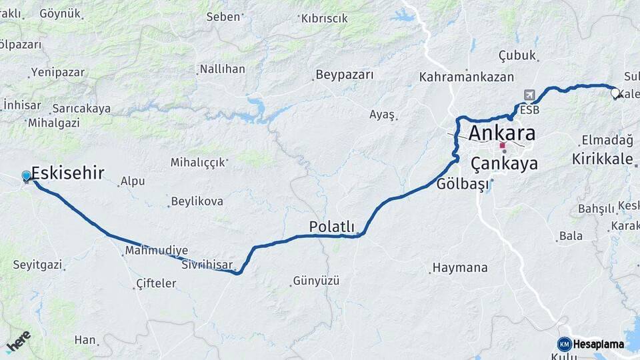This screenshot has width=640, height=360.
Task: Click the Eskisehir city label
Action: [x=67, y=173]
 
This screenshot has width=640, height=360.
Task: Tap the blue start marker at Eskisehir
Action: [x=26, y=176]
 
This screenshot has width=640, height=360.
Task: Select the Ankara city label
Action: [x=502, y=133]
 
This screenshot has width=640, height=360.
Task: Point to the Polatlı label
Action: [x=331, y=227]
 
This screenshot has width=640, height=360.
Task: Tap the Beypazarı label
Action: [x=345, y=75]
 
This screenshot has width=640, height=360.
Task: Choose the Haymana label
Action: [x=460, y=268]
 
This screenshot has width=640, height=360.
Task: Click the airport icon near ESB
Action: [x=529, y=95]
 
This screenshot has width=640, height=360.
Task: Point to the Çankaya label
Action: [x=504, y=163]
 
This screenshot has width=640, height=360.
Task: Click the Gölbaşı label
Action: [x=463, y=185]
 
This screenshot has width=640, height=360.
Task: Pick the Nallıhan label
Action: [x=223, y=69]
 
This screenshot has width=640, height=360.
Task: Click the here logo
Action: [x=18, y=341]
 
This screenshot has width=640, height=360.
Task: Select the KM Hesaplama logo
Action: [x=591, y=344]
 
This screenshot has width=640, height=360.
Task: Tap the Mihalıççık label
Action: [x=198, y=162]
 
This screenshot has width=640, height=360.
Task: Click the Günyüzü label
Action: [x=317, y=281]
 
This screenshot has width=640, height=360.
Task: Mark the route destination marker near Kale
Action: [x=615, y=94]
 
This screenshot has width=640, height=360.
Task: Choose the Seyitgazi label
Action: [x=37, y=265]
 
